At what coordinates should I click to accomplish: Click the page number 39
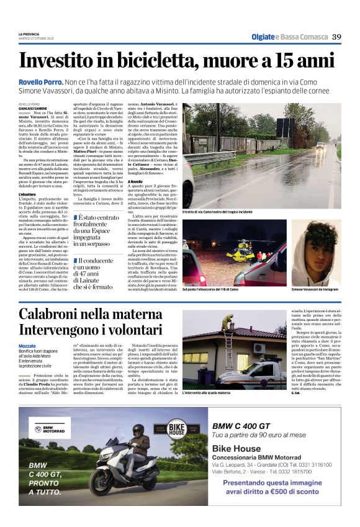click(x=336, y=37)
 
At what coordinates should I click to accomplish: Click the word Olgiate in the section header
click(x=263, y=37)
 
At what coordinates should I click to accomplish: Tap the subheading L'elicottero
click(x=28, y=194)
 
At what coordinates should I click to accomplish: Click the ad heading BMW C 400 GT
click(x=241, y=426)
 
